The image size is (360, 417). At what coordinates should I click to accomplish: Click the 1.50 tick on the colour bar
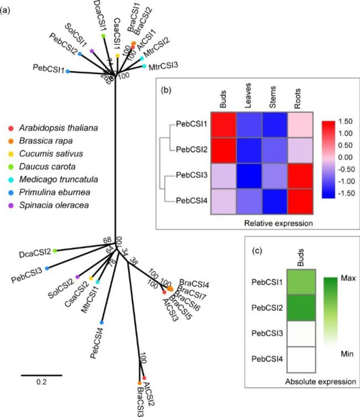pyautogui.click(x=344, y=121)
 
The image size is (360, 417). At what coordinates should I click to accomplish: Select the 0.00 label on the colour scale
pyautogui.click(x=344, y=157)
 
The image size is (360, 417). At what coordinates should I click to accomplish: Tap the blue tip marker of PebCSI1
pyautogui.click(x=68, y=72)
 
